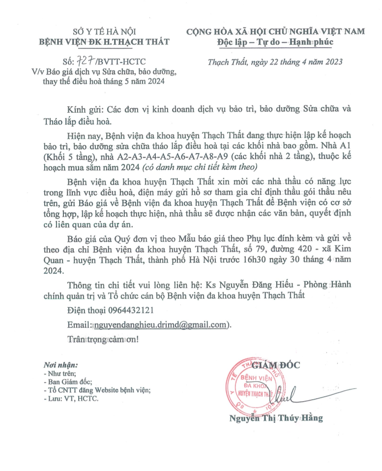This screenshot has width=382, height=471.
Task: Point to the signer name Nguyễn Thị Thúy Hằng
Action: click(276, 418)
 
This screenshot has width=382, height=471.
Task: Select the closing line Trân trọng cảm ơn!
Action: click(103, 340)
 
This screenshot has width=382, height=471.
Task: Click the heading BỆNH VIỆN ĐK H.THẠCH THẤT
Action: click(104, 42)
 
